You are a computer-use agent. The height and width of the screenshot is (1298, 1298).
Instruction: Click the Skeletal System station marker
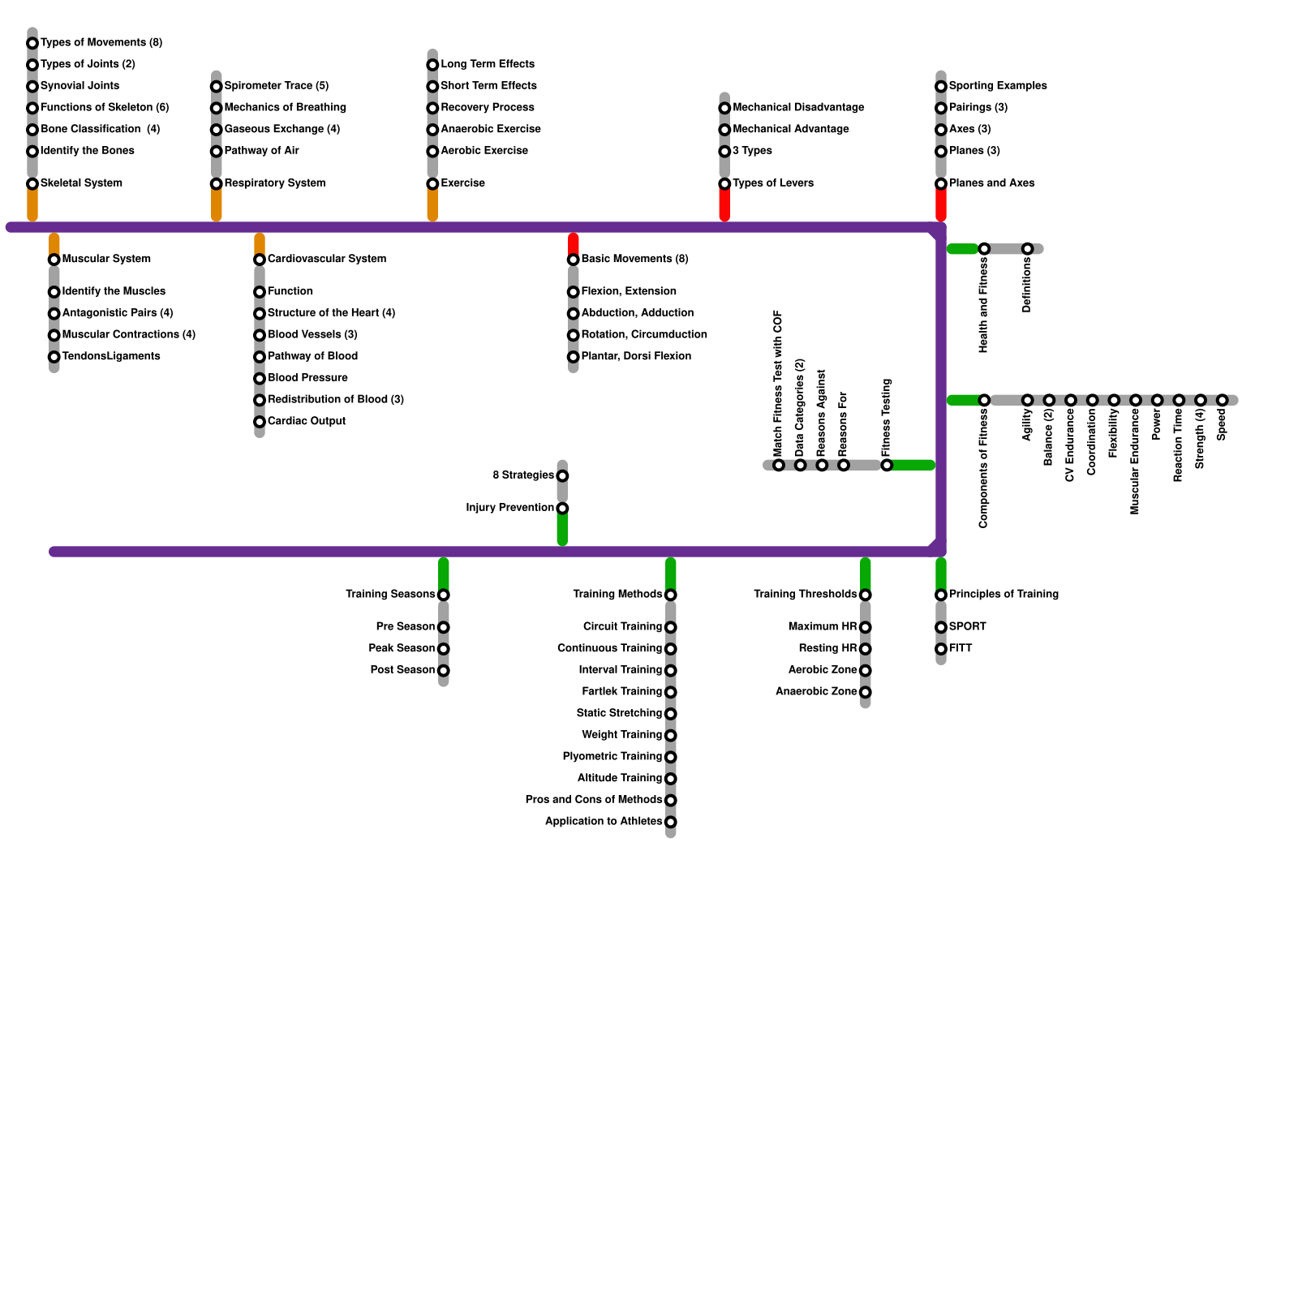[32, 184]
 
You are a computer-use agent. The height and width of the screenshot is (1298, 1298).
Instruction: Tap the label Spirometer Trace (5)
[276, 86]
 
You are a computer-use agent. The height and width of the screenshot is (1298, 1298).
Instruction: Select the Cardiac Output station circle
[260, 422]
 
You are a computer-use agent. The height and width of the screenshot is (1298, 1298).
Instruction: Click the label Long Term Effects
[487, 64]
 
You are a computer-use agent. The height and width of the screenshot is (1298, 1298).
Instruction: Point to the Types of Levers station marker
[724, 184]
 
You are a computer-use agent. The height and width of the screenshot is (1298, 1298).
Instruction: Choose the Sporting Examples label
[997, 86]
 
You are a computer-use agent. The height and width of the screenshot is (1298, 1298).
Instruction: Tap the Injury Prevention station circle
[562, 509]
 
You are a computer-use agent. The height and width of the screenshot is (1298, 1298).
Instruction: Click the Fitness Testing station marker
[887, 465]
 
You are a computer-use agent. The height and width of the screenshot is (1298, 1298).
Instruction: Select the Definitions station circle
[1027, 249]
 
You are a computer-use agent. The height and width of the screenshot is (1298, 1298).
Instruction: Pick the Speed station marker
[1222, 401]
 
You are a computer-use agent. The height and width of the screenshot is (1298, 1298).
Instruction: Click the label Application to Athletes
[603, 822]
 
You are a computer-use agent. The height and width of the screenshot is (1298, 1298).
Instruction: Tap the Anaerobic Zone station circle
[866, 692]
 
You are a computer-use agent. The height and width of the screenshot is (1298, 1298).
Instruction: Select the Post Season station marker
[444, 671]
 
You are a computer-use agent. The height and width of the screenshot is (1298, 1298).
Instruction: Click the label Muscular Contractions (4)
[128, 335]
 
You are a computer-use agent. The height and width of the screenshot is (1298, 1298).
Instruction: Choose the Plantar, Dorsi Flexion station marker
[574, 357]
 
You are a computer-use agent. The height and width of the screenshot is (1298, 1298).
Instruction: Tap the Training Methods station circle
[671, 595]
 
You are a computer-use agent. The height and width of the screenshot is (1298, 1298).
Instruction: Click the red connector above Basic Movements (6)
[574, 243]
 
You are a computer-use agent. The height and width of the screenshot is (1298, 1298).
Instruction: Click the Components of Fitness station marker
[984, 401]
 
